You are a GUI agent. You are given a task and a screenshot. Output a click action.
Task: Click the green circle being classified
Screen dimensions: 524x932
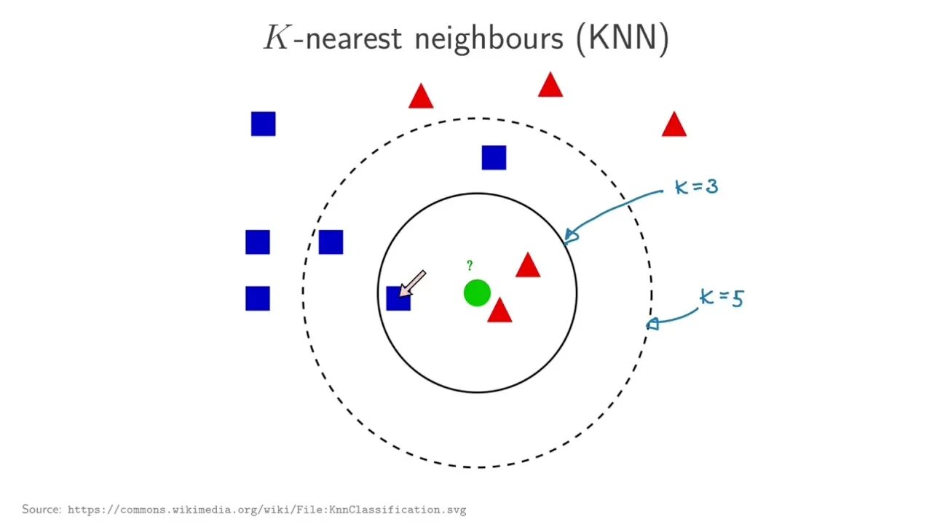tap(477, 293)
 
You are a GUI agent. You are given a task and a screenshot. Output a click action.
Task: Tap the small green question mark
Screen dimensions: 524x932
tap(470, 266)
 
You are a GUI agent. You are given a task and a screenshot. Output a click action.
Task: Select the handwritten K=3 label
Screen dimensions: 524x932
tap(697, 186)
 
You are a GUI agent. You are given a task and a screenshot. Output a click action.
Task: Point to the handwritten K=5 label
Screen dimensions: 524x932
tap(722, 298)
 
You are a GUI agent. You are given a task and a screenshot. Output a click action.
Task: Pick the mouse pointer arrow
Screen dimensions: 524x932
tap(412, 283)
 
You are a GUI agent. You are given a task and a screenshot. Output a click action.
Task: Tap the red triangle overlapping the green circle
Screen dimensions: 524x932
tap(499, 311)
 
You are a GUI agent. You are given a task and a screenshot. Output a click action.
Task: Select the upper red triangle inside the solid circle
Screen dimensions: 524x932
tap(528, 266)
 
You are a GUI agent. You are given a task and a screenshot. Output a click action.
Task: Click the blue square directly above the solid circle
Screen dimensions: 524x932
tap(494, 158)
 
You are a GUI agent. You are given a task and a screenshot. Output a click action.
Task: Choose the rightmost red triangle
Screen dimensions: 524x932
tap(674, 126)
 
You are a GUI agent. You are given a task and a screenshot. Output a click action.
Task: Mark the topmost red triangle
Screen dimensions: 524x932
tap(550, 86)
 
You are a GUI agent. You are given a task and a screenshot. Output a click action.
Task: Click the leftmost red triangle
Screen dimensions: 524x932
tap(421, 97)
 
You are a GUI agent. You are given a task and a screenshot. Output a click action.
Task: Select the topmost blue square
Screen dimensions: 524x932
tap(263, 124)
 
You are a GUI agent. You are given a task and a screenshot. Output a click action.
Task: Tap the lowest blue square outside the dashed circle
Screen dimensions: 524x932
tap(258, 298)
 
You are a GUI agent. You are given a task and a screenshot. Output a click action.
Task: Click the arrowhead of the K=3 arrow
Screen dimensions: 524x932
tap(571, 234)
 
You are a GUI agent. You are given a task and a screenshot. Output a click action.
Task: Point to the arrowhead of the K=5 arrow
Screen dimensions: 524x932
tap(652, 323)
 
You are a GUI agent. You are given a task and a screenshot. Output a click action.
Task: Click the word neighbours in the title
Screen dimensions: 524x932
tap(489, 37)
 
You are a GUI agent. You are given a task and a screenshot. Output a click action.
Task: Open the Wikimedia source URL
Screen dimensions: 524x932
tap(266, 509)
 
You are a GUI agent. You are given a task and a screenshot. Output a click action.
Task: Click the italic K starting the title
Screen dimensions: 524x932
tap(277, 37)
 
